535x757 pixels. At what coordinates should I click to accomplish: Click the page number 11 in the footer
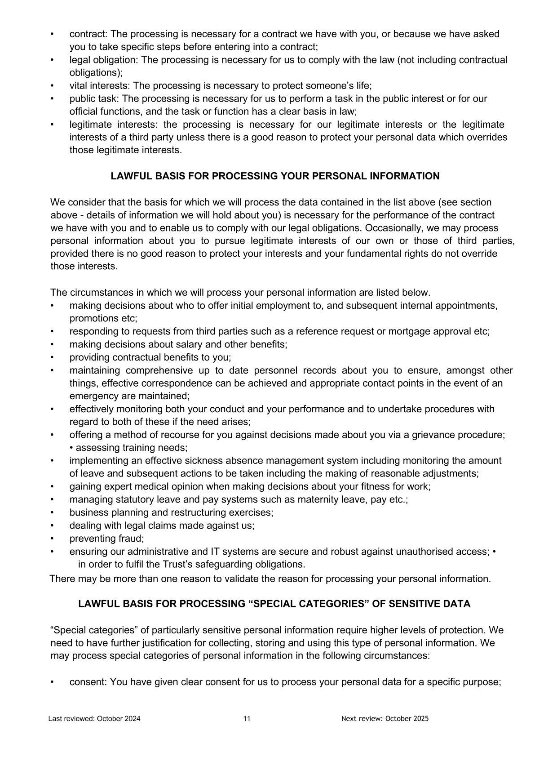pos(247,718)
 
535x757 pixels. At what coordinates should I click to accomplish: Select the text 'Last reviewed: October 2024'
pos(94,718)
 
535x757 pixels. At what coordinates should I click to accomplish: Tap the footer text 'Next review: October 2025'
pos(385,718)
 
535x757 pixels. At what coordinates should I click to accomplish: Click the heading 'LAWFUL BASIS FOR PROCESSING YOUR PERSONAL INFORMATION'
pos(275,176)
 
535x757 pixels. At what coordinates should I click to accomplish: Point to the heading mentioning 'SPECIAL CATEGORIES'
pos(274,604)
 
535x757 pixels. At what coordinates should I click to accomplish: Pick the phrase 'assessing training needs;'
pos(131,448)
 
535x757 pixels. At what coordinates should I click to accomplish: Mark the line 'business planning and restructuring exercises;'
pos(171,512)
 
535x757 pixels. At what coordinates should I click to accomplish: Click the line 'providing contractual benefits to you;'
pos(150,357)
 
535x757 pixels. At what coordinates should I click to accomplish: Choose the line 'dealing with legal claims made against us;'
pos(162,525)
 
